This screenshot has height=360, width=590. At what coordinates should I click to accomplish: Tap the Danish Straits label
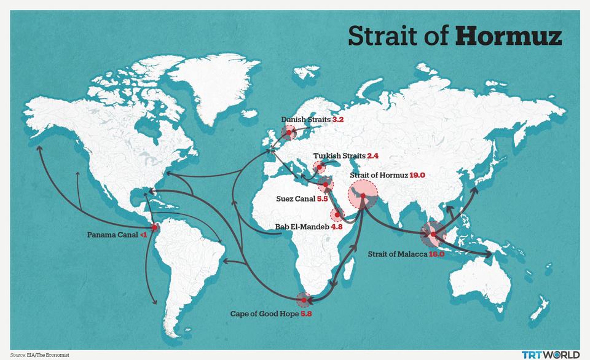tap(305, 120)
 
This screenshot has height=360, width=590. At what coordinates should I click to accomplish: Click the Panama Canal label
tap(112, 235)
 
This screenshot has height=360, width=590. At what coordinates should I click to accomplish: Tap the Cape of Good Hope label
tap(264, 314)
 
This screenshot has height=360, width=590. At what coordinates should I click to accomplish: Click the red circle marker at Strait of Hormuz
tap(363, 196)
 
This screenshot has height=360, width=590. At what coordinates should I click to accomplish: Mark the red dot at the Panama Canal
tap(154, 227)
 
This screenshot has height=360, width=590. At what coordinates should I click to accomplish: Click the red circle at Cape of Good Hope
tap(304, 300)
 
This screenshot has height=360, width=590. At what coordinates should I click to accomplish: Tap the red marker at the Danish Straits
tap(288, 132)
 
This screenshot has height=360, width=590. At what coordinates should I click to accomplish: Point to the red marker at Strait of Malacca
tap(433, 234)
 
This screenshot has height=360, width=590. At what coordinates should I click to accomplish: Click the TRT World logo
tap(550, 354)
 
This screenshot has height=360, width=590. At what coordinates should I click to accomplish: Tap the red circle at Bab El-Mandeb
tap(337, 215)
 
